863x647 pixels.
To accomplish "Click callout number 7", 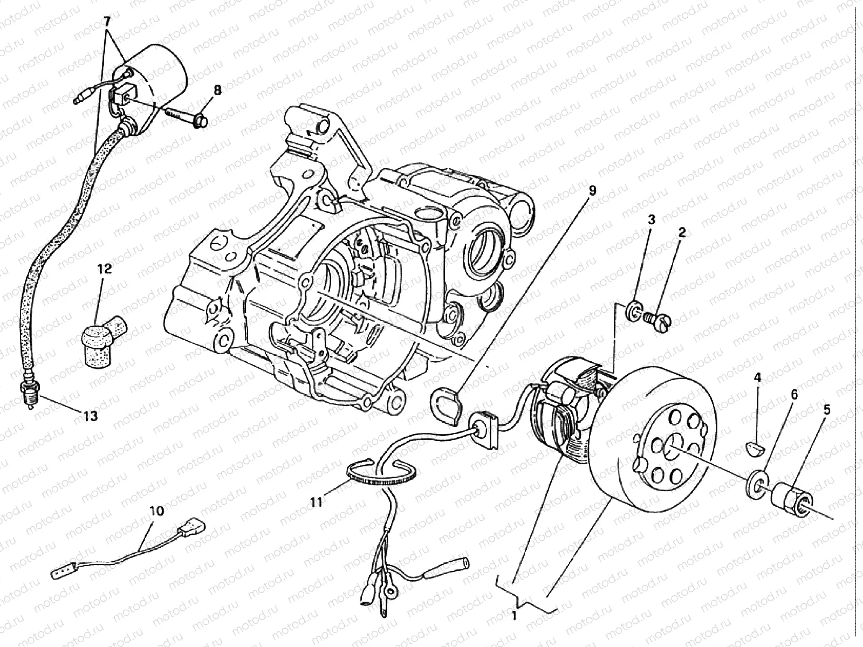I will pos(107,22).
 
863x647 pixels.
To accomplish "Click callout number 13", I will pos(91,416).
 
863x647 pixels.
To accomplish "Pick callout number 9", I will pos(592,190).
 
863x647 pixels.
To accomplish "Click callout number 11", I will pos(316,502).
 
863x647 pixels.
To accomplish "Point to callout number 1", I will pos(515,615).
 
